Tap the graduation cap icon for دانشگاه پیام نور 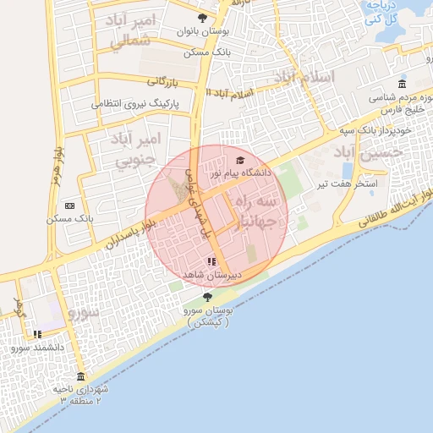pos(240,160)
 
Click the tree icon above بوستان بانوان pos(201,19)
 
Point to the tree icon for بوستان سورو pos(208,297)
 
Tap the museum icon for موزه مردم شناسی pos(402,85)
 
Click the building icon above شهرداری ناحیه pos(80,376)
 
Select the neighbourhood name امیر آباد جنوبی pos(133,147)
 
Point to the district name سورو pos(83,313)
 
